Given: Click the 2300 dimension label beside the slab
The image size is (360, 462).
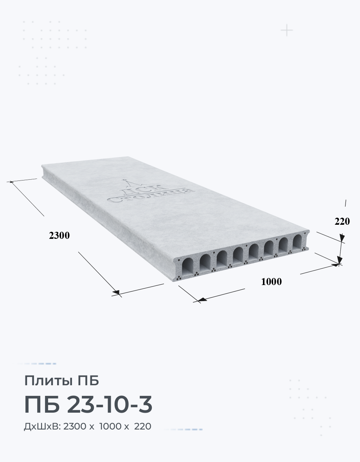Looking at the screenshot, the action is (59, 235).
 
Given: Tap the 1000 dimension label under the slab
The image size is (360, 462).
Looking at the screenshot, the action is (272, 282).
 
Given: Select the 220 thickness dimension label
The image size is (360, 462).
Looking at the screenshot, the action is (342, 221).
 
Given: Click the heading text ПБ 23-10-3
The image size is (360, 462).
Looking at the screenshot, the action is (88, 404).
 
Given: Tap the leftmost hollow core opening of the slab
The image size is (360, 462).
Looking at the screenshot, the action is (187, 267).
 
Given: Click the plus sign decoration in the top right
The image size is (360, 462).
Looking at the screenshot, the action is (287, 31).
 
